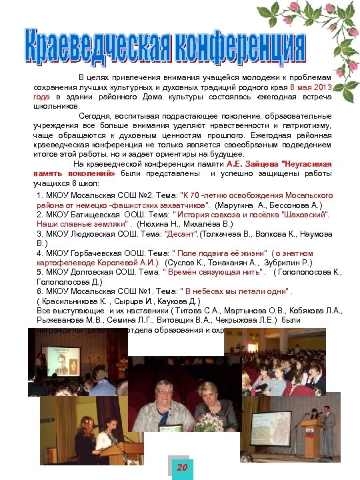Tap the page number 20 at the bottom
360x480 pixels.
click(x=180, y=468)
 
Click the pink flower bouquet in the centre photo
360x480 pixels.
click(x=208, y=422)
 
